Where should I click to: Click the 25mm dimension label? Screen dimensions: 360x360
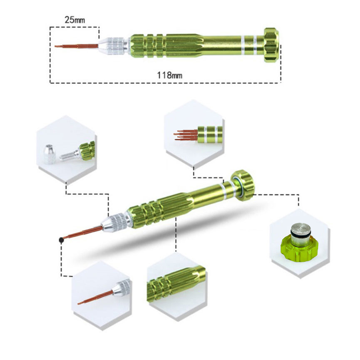point(74,20)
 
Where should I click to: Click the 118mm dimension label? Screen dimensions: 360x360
point(170,75)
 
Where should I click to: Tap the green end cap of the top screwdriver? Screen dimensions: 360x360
point(272,45)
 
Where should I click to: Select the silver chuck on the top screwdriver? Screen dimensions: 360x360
point(113,46)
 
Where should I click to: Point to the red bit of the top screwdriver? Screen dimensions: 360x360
point(77,46)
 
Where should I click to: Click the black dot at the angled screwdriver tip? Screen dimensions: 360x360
point(61,240)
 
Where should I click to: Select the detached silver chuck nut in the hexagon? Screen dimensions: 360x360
point(50,154)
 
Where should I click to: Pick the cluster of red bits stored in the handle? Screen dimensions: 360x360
point(186,135)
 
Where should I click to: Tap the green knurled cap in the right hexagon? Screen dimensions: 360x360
point(299,250)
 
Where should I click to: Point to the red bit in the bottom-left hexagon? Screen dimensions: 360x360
point(95,298)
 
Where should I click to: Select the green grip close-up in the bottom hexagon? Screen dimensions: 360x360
point(176,284)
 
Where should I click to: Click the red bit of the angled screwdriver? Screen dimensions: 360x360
point(83,232)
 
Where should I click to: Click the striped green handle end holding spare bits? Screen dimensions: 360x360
point(210,134)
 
